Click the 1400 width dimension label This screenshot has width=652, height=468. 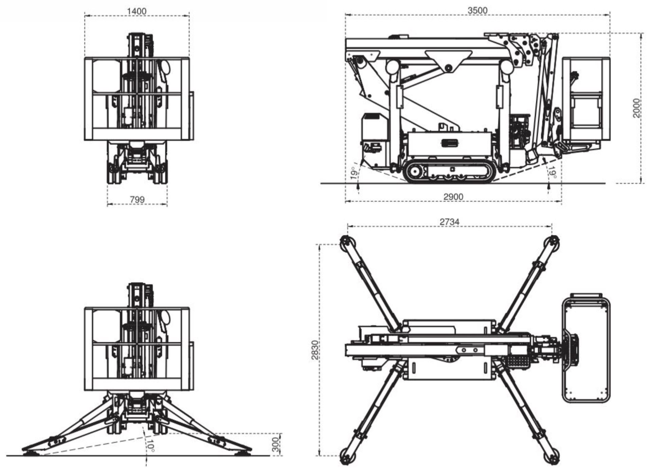(x=137, y=11)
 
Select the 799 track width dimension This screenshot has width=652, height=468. (x=138, y=199)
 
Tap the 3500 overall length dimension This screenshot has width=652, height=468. (x=477, y=10)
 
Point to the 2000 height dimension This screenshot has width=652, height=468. (x=635, y=108)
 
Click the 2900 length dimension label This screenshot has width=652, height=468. (x=453, y=197)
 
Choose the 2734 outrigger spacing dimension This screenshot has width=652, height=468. (x=449, y=222)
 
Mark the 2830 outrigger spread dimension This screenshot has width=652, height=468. (x=315, y=350)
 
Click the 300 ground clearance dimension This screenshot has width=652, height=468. (x=276, y=444)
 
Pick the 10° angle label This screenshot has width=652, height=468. (x=151, y=446)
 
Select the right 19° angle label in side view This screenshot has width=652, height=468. (x=551, y=173)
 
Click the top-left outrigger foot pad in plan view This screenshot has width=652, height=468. (x=347, y=242)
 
